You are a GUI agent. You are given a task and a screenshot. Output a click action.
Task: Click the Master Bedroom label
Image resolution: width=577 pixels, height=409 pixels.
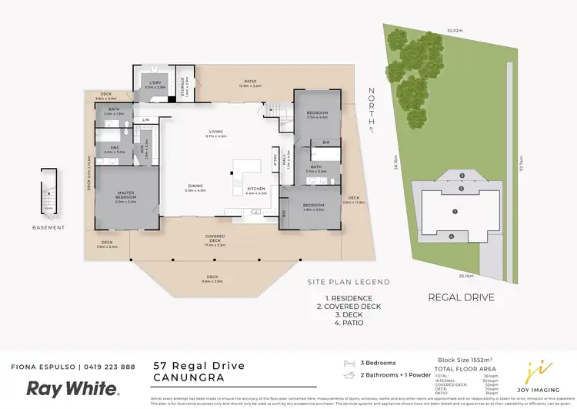point(126,195)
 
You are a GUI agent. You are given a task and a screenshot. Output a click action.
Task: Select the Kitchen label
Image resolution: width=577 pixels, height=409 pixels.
point(256,189)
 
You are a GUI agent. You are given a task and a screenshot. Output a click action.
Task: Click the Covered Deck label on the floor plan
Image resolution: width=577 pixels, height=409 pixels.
point(215,236)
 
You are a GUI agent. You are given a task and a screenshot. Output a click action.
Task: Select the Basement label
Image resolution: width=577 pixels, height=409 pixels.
point(49,227)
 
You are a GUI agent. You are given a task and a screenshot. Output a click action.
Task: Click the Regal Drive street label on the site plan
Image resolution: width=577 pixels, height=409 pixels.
point(461,297)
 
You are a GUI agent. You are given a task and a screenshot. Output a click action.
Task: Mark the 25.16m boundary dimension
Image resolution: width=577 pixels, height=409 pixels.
point(466,275)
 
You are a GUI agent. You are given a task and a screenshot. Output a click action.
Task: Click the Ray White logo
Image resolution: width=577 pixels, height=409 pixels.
point(73,388)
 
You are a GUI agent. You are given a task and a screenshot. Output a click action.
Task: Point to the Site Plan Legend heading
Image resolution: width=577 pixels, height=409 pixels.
point(349,282)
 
